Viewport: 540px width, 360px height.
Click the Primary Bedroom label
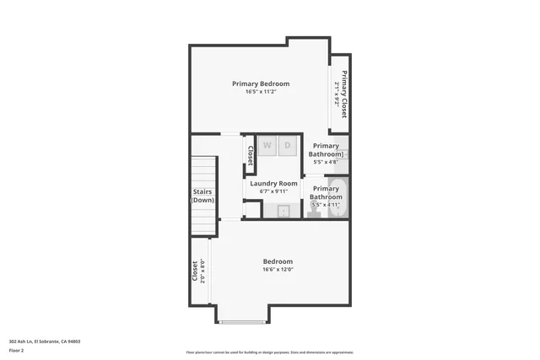pos(261,83)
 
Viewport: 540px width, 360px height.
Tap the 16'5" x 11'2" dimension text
pos(261,92)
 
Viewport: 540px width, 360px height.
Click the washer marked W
pos(267,145)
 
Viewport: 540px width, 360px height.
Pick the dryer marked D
pos(287,145)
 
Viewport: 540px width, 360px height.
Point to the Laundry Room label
pos(273,183)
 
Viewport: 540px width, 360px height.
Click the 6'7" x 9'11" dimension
pos(273,191)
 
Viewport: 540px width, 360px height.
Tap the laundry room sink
pos(284,210)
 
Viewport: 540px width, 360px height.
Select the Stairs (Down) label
pos(203,196)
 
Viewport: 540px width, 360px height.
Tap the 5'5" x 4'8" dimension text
pos(326,162)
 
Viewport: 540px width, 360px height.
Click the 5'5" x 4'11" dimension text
pos(326,205)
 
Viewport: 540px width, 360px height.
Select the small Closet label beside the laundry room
pos(251,153)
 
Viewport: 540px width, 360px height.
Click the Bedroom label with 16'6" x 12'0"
pos(278,262)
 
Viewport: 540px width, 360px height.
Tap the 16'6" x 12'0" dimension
pos(278,271)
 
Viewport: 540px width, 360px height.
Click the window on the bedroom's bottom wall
pos(244,322)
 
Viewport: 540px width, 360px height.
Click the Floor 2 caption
pos(16,349)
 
